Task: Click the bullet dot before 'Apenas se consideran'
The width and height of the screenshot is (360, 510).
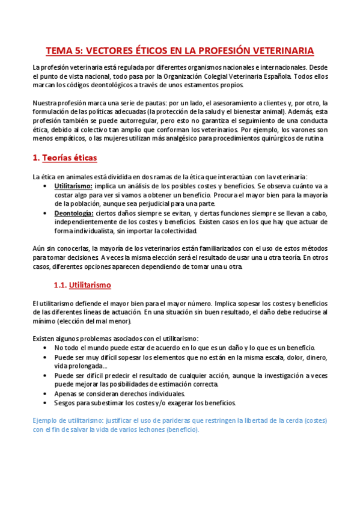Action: click(47, 393)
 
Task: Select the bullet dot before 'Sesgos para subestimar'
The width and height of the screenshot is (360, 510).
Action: click(47, 402)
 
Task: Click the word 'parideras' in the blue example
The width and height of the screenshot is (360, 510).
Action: click(165, 421)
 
